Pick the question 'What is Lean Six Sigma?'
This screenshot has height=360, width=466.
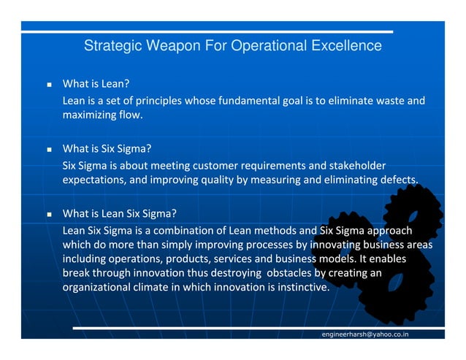click(120, 214)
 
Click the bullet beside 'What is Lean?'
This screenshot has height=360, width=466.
click(48, 85)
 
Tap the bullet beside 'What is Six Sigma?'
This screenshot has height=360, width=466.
click(48, 150)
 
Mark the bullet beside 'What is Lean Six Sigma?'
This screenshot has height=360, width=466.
click(48, 215)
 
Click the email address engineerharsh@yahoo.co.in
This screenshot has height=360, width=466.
click(365, 334)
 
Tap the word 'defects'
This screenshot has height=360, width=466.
click(396, 180)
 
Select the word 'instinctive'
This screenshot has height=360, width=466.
click(299, 287)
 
